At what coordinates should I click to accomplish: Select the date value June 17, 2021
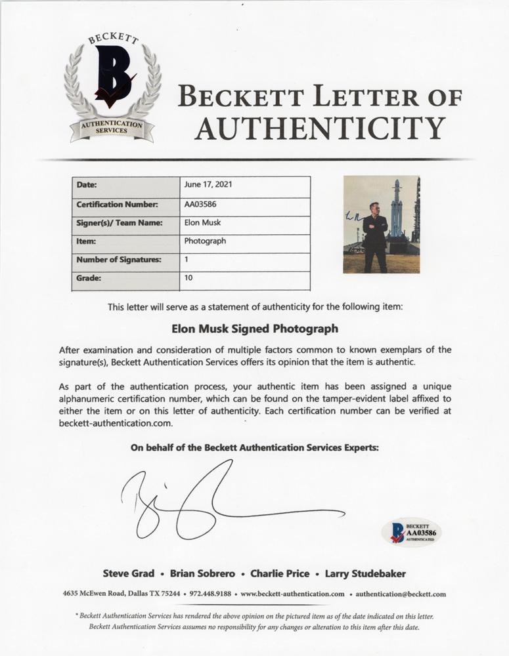coord(208,186)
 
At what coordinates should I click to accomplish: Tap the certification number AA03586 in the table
coord(200,204)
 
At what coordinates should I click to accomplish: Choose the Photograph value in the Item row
coord(205,241)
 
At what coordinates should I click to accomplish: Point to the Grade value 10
coord(189,278)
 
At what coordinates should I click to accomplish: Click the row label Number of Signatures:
coord(119,260)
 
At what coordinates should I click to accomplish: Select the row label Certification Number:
coord(117,204)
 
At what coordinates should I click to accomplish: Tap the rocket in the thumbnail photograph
coord(396,210)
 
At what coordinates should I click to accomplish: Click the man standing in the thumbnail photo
coord(376,236)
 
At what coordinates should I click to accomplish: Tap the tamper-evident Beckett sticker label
coord(411,531)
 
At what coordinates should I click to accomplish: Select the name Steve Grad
coord(128,573)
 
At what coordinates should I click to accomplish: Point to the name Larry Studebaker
coord(365,573)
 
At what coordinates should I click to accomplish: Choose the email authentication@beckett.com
coord(401,594)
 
